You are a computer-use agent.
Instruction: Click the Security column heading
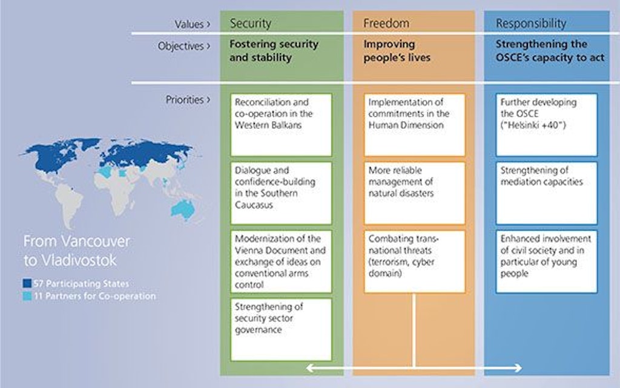(250, 24)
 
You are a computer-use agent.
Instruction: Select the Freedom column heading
(386, 24)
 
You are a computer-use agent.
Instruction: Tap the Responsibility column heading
(531, 24)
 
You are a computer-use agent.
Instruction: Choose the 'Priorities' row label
(185, 100)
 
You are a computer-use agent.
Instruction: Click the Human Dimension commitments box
(415, 125)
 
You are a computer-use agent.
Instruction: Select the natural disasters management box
(415, 193)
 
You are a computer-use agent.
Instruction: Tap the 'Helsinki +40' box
(546, 125)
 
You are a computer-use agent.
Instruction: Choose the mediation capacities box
(546, 193)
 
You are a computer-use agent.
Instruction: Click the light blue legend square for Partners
(27, 296)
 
